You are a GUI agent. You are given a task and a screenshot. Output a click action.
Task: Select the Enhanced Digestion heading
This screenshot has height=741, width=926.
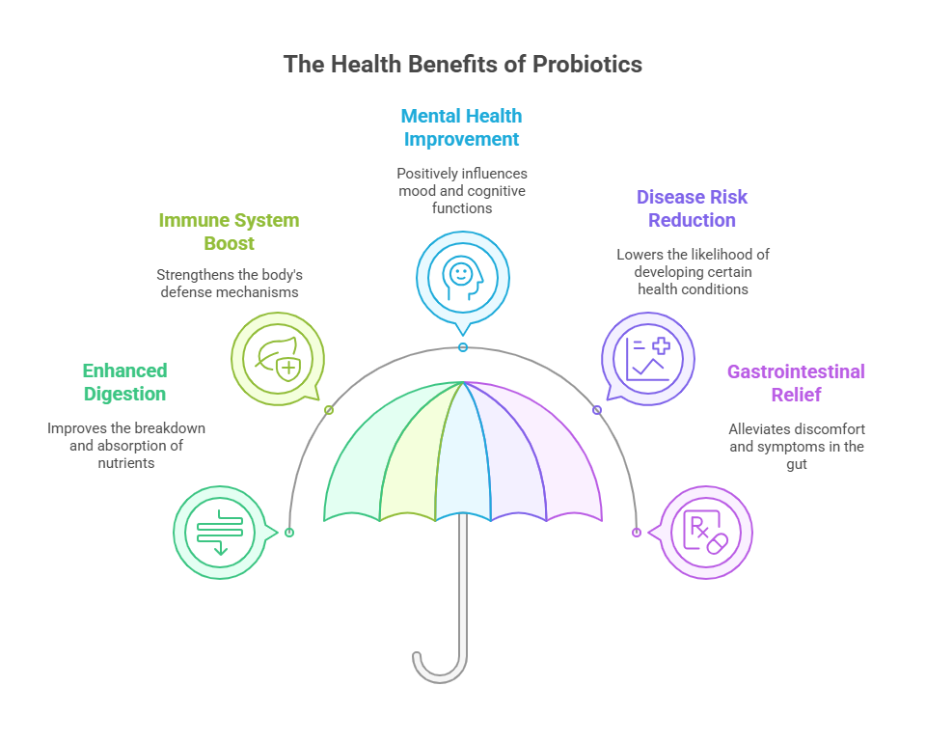coord(124,382)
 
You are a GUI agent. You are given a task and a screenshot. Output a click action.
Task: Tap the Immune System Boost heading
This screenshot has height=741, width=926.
coord(229,232)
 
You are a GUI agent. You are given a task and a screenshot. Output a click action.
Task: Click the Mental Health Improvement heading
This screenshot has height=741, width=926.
coord(462,127)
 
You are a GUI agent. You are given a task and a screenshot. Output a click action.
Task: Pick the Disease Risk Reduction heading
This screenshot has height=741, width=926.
coord(692,208)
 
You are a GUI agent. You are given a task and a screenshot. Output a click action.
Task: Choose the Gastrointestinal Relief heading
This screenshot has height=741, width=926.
coord(796,383)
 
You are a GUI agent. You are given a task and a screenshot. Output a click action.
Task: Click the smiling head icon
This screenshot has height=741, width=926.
coord(462,274)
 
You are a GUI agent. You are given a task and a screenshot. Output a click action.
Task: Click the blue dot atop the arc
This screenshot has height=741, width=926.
coord(463,347)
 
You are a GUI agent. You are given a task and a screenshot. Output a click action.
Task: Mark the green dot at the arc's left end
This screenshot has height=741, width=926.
coord(289,532)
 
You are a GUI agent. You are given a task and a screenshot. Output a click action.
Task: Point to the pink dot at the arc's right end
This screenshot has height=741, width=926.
coord(637,532)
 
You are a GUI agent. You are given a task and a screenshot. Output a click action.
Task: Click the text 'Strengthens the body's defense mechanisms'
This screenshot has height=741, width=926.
coord(229,283)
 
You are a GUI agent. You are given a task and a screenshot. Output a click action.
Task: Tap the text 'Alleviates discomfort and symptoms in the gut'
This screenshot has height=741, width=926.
coord(796,446)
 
